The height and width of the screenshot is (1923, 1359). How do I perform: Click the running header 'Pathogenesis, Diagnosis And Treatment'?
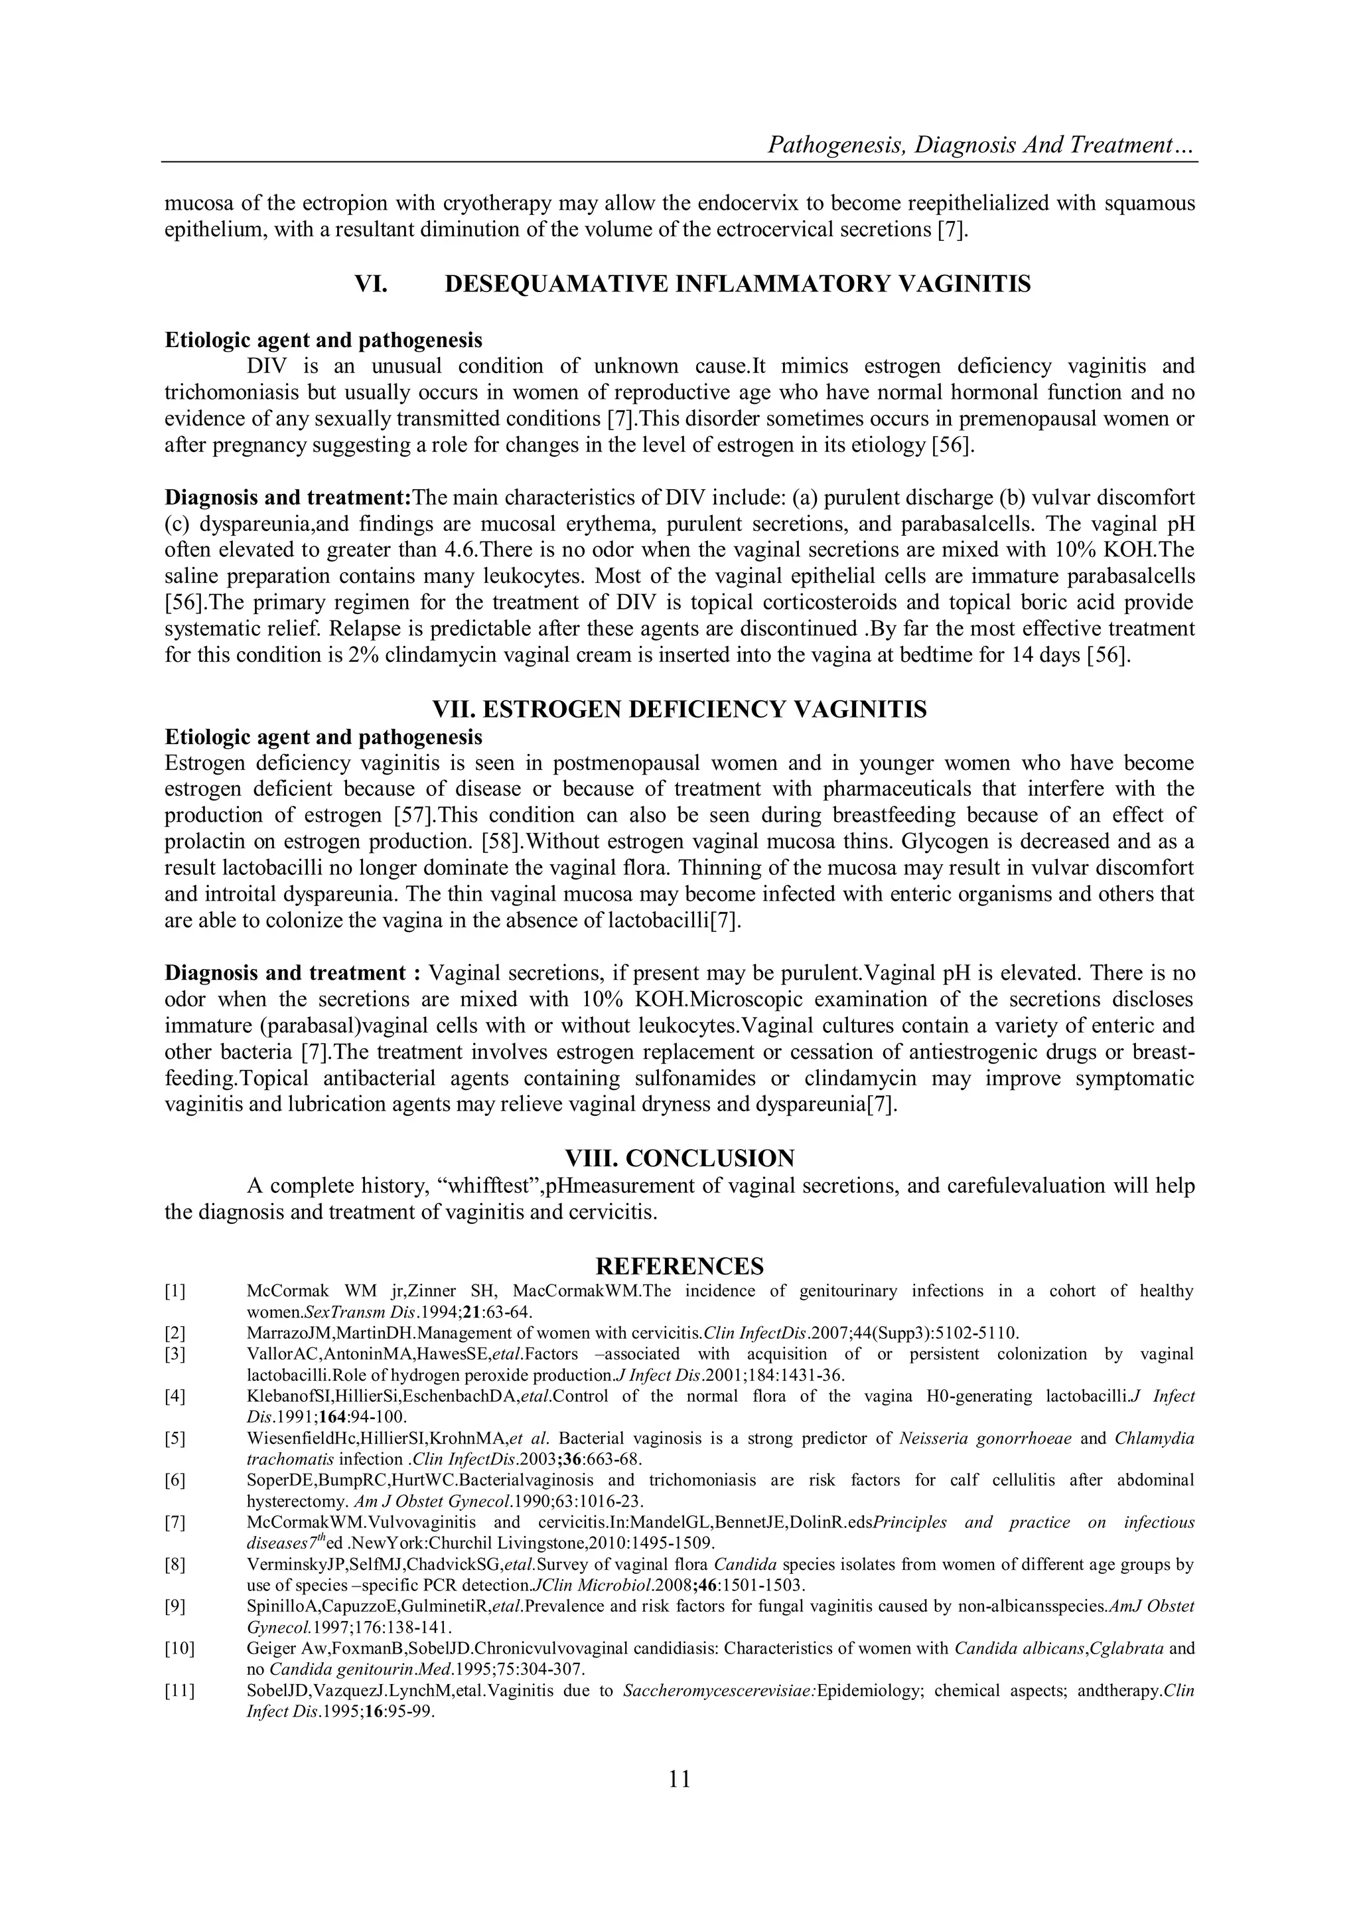click(981, 146)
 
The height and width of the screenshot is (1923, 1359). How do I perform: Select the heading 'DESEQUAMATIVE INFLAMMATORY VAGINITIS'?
click(737, 285)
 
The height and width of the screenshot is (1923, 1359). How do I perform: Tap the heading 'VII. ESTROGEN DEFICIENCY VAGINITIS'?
click(679, 710)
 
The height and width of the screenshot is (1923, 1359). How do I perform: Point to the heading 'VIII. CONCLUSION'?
click(679, 1158)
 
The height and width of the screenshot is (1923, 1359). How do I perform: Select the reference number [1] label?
click(175, 1290)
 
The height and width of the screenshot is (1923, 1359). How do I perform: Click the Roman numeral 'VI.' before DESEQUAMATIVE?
click(371, 285)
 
